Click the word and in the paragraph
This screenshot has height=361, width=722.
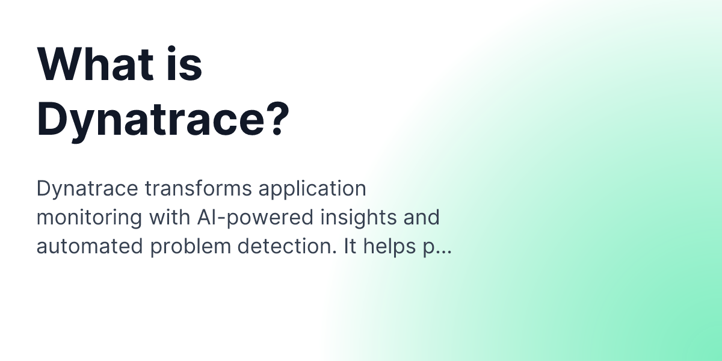pos(422,217)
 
